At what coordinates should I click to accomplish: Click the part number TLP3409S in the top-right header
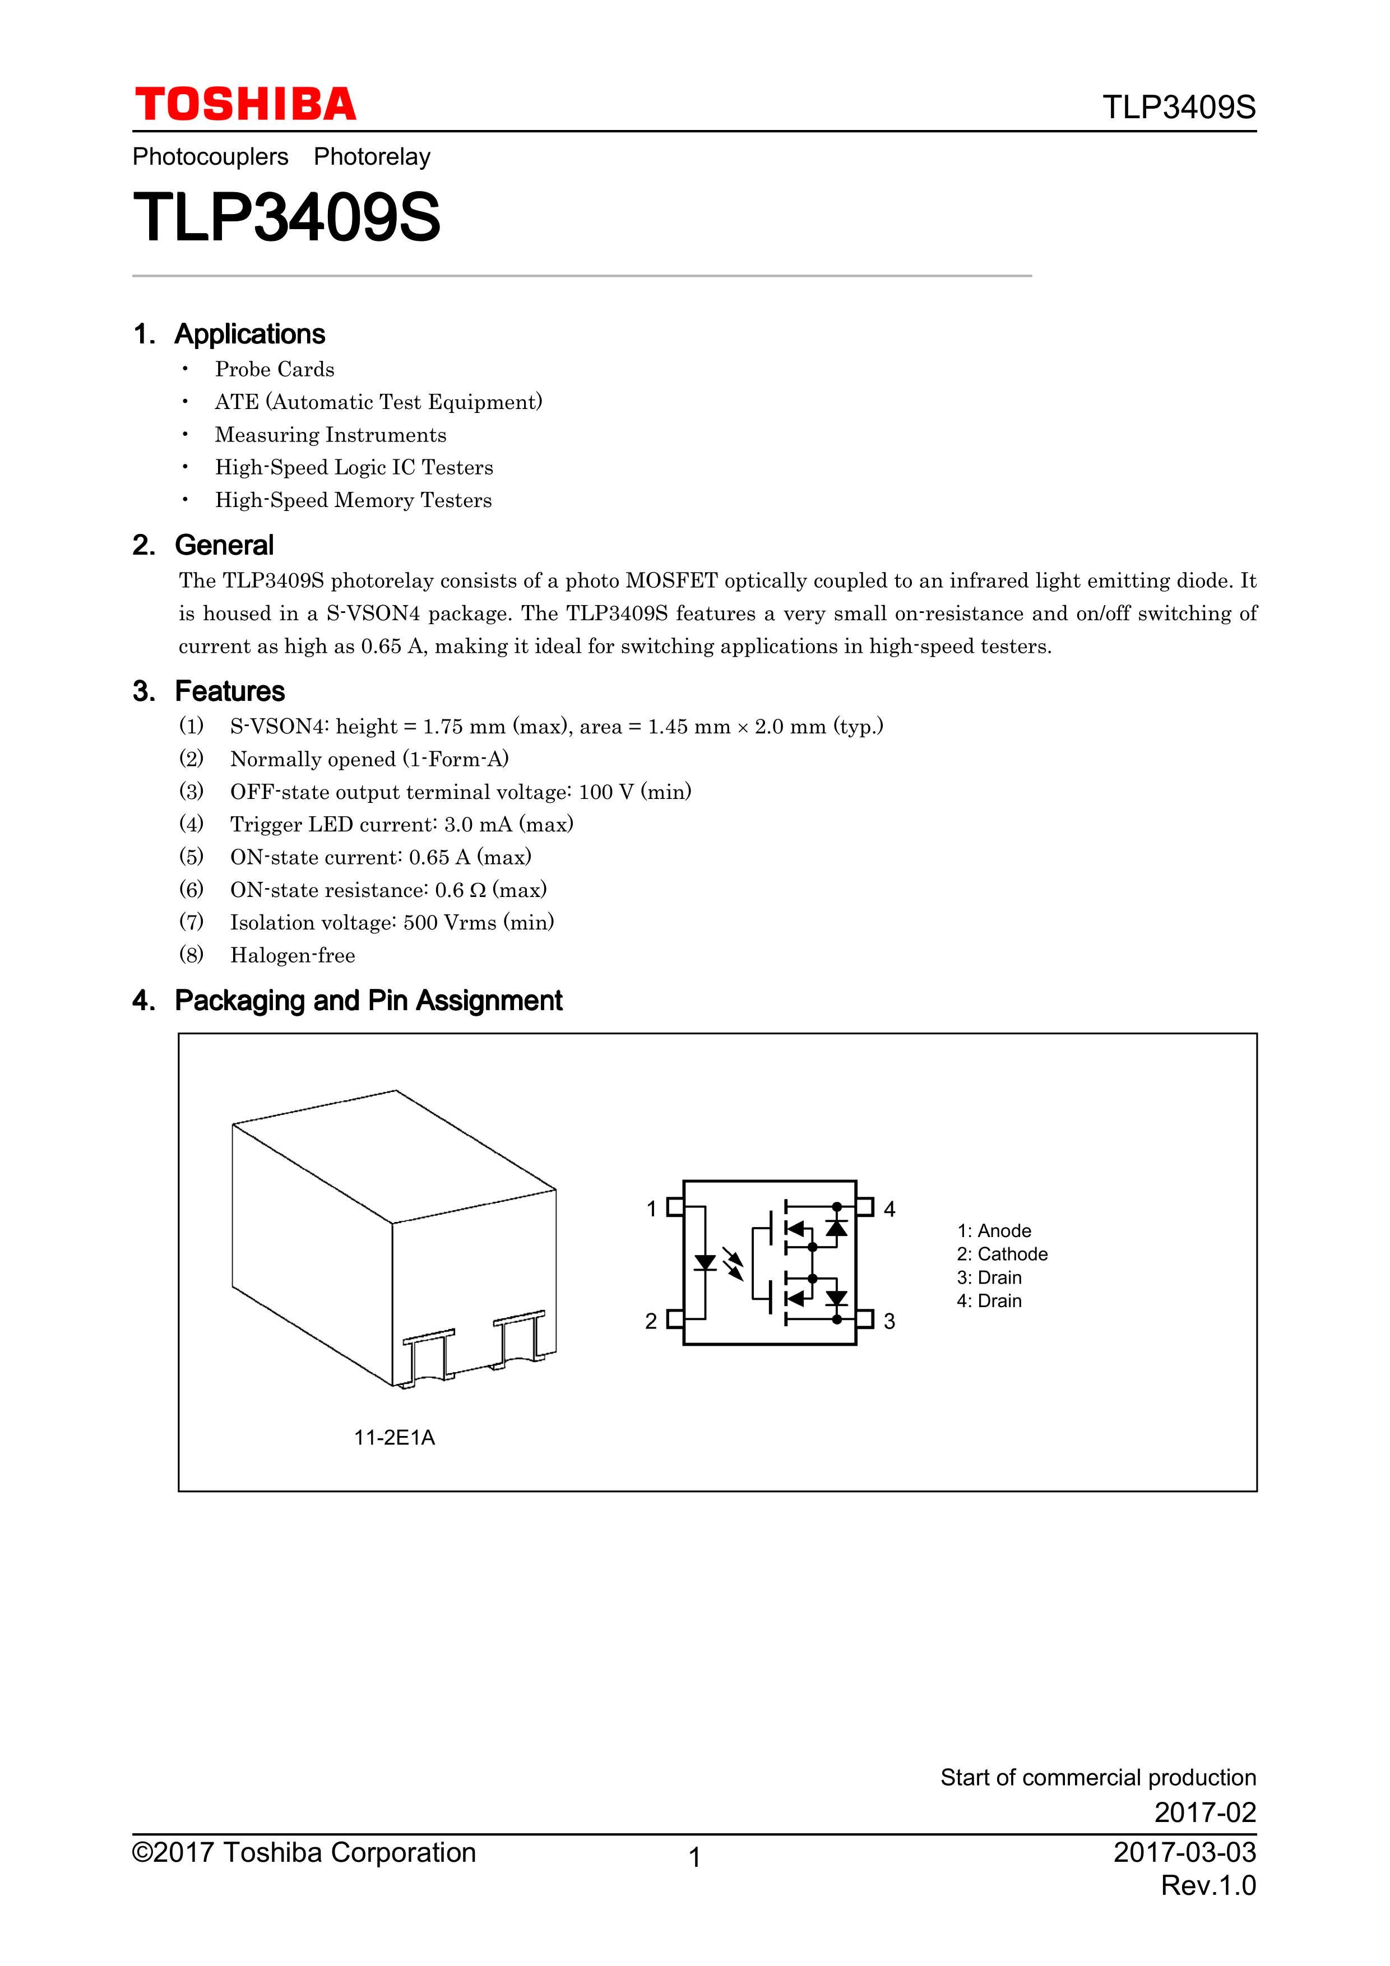[1179, 108]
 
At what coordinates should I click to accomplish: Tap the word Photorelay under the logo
[372, 157]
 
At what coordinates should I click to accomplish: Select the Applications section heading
[249, 334]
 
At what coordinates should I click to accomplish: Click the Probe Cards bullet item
[274, 369]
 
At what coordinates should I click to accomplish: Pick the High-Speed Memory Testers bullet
[353, 500]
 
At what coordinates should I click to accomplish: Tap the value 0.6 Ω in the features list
[460, 890]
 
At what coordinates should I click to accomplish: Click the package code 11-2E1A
[394, 1438]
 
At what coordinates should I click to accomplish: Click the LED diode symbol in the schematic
[705, 1263]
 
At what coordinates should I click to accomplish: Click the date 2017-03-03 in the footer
[1184, 1852]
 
